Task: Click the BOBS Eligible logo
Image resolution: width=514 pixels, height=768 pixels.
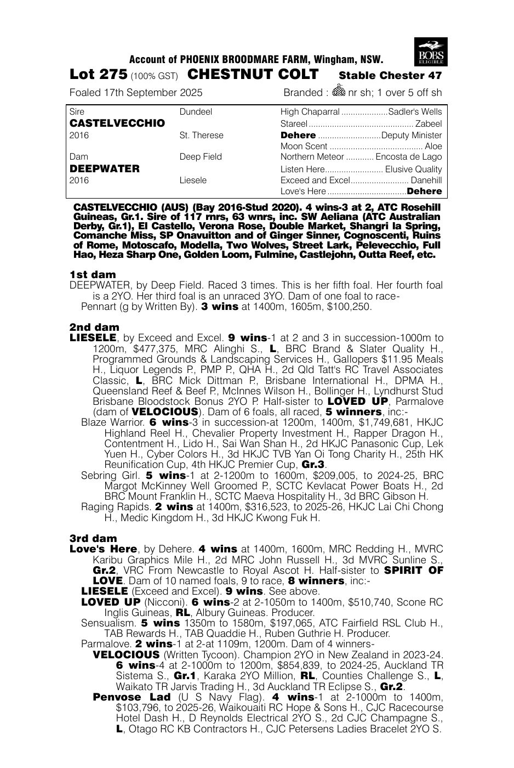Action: click(431, 52)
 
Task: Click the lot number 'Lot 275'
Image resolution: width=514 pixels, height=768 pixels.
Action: click(98, 75)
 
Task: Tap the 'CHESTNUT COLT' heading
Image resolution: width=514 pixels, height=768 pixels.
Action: click(253, 75)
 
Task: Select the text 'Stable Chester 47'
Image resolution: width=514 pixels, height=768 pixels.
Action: click(390, 76)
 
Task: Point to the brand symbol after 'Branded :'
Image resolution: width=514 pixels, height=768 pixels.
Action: click(339, 92)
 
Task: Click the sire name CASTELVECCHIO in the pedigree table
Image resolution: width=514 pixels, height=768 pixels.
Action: click(117, 123)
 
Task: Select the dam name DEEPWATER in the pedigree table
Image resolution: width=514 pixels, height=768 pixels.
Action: click(105, 168)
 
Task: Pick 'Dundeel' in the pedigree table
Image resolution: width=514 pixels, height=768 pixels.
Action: click(196, 112)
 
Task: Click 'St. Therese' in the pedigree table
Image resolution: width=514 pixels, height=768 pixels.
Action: click(201, 135)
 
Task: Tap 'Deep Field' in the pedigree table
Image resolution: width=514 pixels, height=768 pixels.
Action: click(201, 157)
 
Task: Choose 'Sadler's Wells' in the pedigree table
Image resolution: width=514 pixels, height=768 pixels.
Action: click(415, 112)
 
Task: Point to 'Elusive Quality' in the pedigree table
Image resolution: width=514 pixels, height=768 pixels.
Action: click(413, 169)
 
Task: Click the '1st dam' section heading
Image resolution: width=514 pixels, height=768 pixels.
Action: click(93, 274)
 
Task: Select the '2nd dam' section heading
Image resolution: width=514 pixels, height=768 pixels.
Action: click(94, 327)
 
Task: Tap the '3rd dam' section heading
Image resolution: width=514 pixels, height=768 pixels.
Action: click(93, 539)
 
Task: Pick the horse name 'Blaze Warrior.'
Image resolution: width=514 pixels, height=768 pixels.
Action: click(112, 422)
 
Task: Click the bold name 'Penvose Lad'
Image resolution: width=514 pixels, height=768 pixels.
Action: click(132, 697)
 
